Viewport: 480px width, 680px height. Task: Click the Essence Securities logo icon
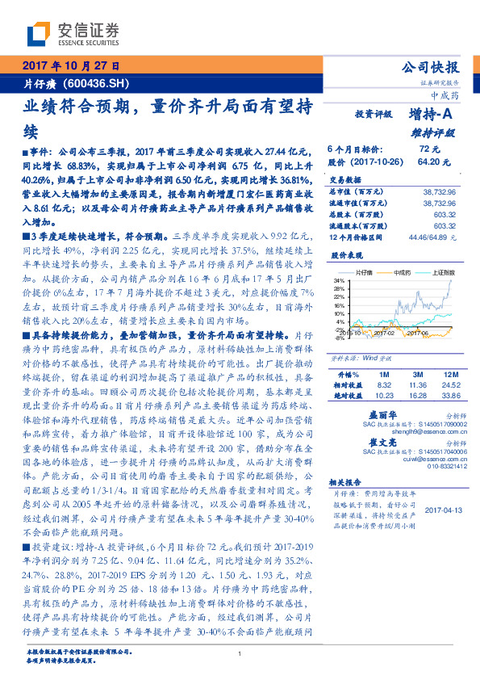(39, 34)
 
